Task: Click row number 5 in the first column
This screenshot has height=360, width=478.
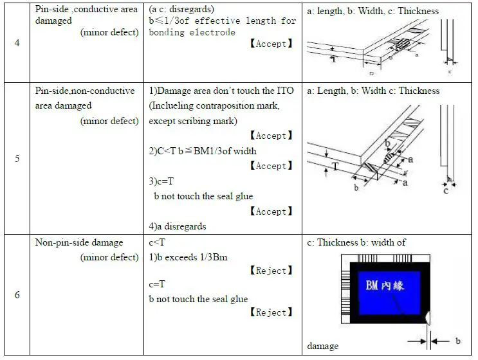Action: tap(17, 158)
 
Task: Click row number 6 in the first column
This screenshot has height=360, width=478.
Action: tap(17, 295)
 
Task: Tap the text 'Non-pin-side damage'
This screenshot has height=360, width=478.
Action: tap(78, 242)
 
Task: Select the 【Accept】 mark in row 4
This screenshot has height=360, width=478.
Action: tap(271, 44)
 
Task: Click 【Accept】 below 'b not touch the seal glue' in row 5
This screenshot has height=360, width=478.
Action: tap(271, 212)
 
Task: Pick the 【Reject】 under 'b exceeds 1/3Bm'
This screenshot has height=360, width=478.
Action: tap(271, 271)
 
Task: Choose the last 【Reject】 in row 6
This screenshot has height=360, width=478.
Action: tap(271, 312)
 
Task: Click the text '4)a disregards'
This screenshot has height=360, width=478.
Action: tap(178, 226)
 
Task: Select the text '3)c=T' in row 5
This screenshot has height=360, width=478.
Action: tap(161, 181)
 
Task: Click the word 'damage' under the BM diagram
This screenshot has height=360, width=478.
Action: tap(323, 346)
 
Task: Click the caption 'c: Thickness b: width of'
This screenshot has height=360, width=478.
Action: tap(356, 242)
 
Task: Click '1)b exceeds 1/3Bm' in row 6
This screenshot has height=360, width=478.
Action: tap(188, 257)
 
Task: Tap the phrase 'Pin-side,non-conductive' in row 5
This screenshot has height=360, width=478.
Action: tap(85, 91)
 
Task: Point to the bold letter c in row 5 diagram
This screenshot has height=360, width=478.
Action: tap(446, 190)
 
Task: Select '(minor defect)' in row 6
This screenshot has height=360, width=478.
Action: tap(109, 257)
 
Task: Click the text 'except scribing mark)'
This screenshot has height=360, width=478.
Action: tap(192, 121)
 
